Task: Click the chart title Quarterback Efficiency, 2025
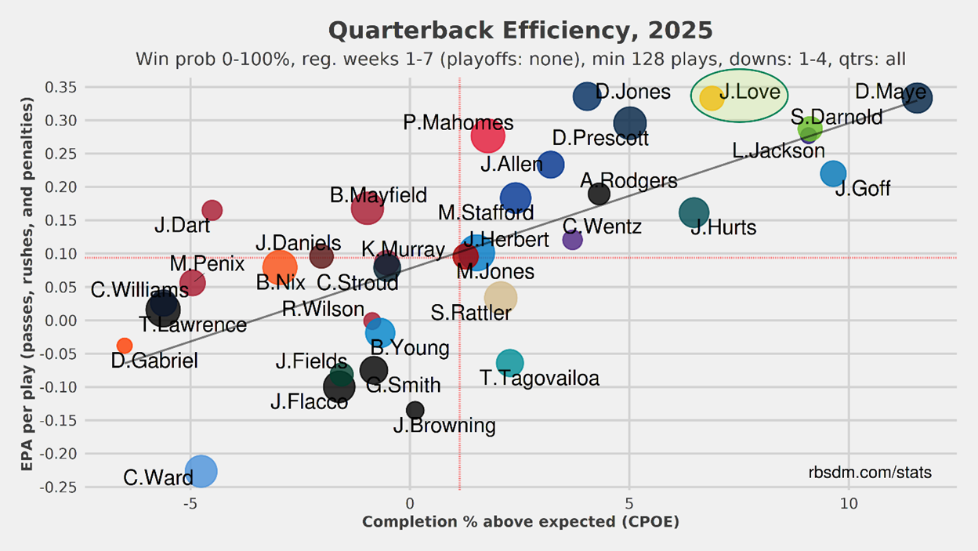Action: (x=520, y=31)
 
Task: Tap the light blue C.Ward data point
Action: (x=201, y=471)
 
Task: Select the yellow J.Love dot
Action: (x=712, y=98)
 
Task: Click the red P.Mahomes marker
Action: (x=487, y=136)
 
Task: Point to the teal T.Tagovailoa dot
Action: (x=509, y=362)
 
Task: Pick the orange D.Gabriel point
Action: (x=125, y=346)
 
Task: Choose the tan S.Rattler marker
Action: (x=501, y=297)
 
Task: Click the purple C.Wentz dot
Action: (x=573, y=240)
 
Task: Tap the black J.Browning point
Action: (x=415, y=410)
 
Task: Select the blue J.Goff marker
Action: (x=833, y=173)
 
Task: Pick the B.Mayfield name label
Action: (x=379, y=195)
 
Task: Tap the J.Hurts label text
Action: (x=723, y=228)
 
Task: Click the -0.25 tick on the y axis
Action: (x=58, y=487)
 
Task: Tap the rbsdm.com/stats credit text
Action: (x=870, y=473)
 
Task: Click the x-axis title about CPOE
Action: (x=520, y=522)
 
